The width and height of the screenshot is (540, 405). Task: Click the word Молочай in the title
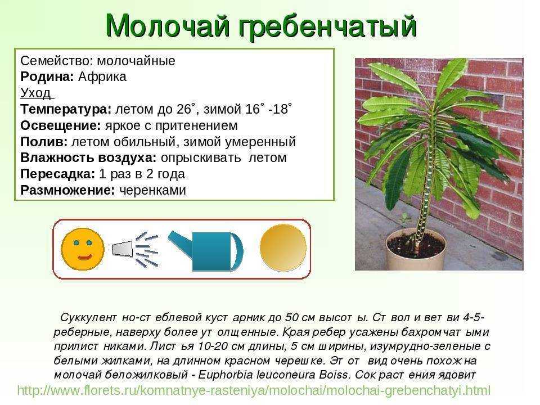168,26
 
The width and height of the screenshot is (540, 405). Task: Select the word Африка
102,76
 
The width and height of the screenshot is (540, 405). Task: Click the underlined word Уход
36,93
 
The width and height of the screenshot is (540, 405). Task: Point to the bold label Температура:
66,110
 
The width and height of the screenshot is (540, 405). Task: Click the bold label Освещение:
61,126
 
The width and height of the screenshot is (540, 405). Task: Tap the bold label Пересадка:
57,174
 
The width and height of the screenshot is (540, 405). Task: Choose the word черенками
152,190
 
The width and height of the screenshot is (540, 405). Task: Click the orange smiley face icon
83,249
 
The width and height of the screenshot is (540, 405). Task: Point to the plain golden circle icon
283,247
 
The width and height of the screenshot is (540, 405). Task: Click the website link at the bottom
254,391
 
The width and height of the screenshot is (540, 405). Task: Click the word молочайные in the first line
136,61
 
